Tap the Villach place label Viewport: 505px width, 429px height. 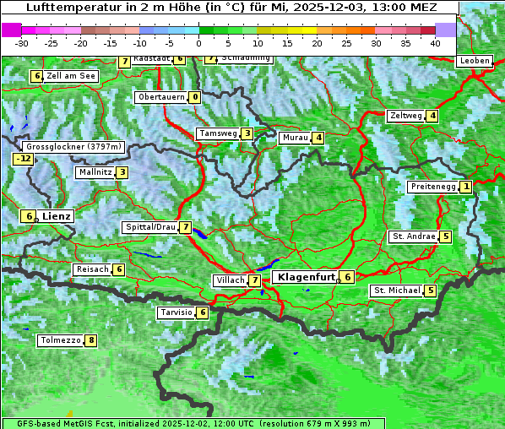(230, 280)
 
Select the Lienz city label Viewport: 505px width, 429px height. (57, 216)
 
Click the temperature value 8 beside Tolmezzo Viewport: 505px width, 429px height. (91, 341)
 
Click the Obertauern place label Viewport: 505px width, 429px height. (161, 97)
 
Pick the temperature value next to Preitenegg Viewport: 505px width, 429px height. (466, 187)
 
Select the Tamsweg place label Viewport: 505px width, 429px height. (217, 133)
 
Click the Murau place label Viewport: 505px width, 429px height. (295, 138)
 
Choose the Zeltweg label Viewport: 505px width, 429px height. (405, 116)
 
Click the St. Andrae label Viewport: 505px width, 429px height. (413, 236)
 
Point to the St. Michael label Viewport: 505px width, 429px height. (397, 291)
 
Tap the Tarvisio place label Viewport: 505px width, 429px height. (176, 312)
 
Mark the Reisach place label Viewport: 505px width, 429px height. (92, 269)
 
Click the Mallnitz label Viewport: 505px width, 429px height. (94, 172)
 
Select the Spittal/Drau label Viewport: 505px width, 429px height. (150, 227)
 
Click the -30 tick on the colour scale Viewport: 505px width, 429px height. (22, 42)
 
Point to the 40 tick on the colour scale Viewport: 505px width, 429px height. (435, 42)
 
